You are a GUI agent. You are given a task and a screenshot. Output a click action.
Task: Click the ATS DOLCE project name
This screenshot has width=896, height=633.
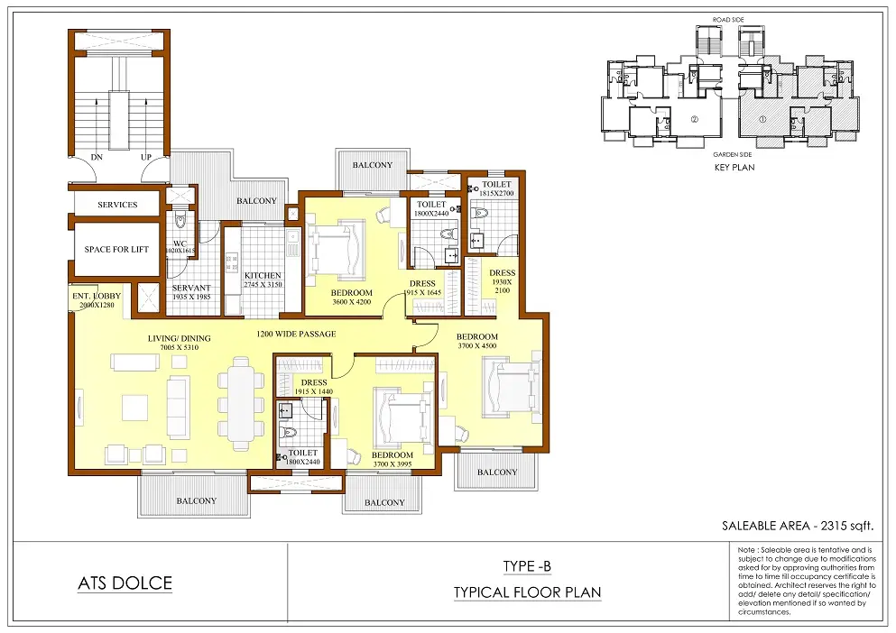[x=125, y=583]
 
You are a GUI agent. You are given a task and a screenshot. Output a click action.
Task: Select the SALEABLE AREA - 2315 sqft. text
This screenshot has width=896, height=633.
[x=798, y=525]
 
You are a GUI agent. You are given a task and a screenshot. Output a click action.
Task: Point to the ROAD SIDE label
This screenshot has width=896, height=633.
[x=727, y=18]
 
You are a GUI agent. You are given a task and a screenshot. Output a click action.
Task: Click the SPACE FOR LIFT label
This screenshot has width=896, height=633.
[x=117, y=250]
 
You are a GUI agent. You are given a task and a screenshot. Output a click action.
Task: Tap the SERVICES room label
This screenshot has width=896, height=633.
[x=117, y=205]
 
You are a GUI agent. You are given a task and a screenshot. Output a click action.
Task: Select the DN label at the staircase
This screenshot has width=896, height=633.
[x=97, y=157]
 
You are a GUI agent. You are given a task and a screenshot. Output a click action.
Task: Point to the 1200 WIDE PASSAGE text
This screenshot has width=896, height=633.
[x=296, y=335]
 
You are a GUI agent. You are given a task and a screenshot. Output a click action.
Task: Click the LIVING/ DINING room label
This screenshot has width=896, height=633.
[x=180, y=339]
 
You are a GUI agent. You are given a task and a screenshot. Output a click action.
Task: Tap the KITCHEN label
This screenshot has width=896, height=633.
[x=263, y=276]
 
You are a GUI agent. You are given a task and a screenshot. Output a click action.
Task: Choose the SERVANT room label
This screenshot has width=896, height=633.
[x=190, y=289]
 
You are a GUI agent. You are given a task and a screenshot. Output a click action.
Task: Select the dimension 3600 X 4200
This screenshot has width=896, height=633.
[x=351, y=303]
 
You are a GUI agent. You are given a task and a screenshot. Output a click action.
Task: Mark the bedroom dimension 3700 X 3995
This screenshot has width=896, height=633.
[x=391, y=465]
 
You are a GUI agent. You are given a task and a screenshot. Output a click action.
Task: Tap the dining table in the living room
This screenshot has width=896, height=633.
[x=239, y=402]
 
